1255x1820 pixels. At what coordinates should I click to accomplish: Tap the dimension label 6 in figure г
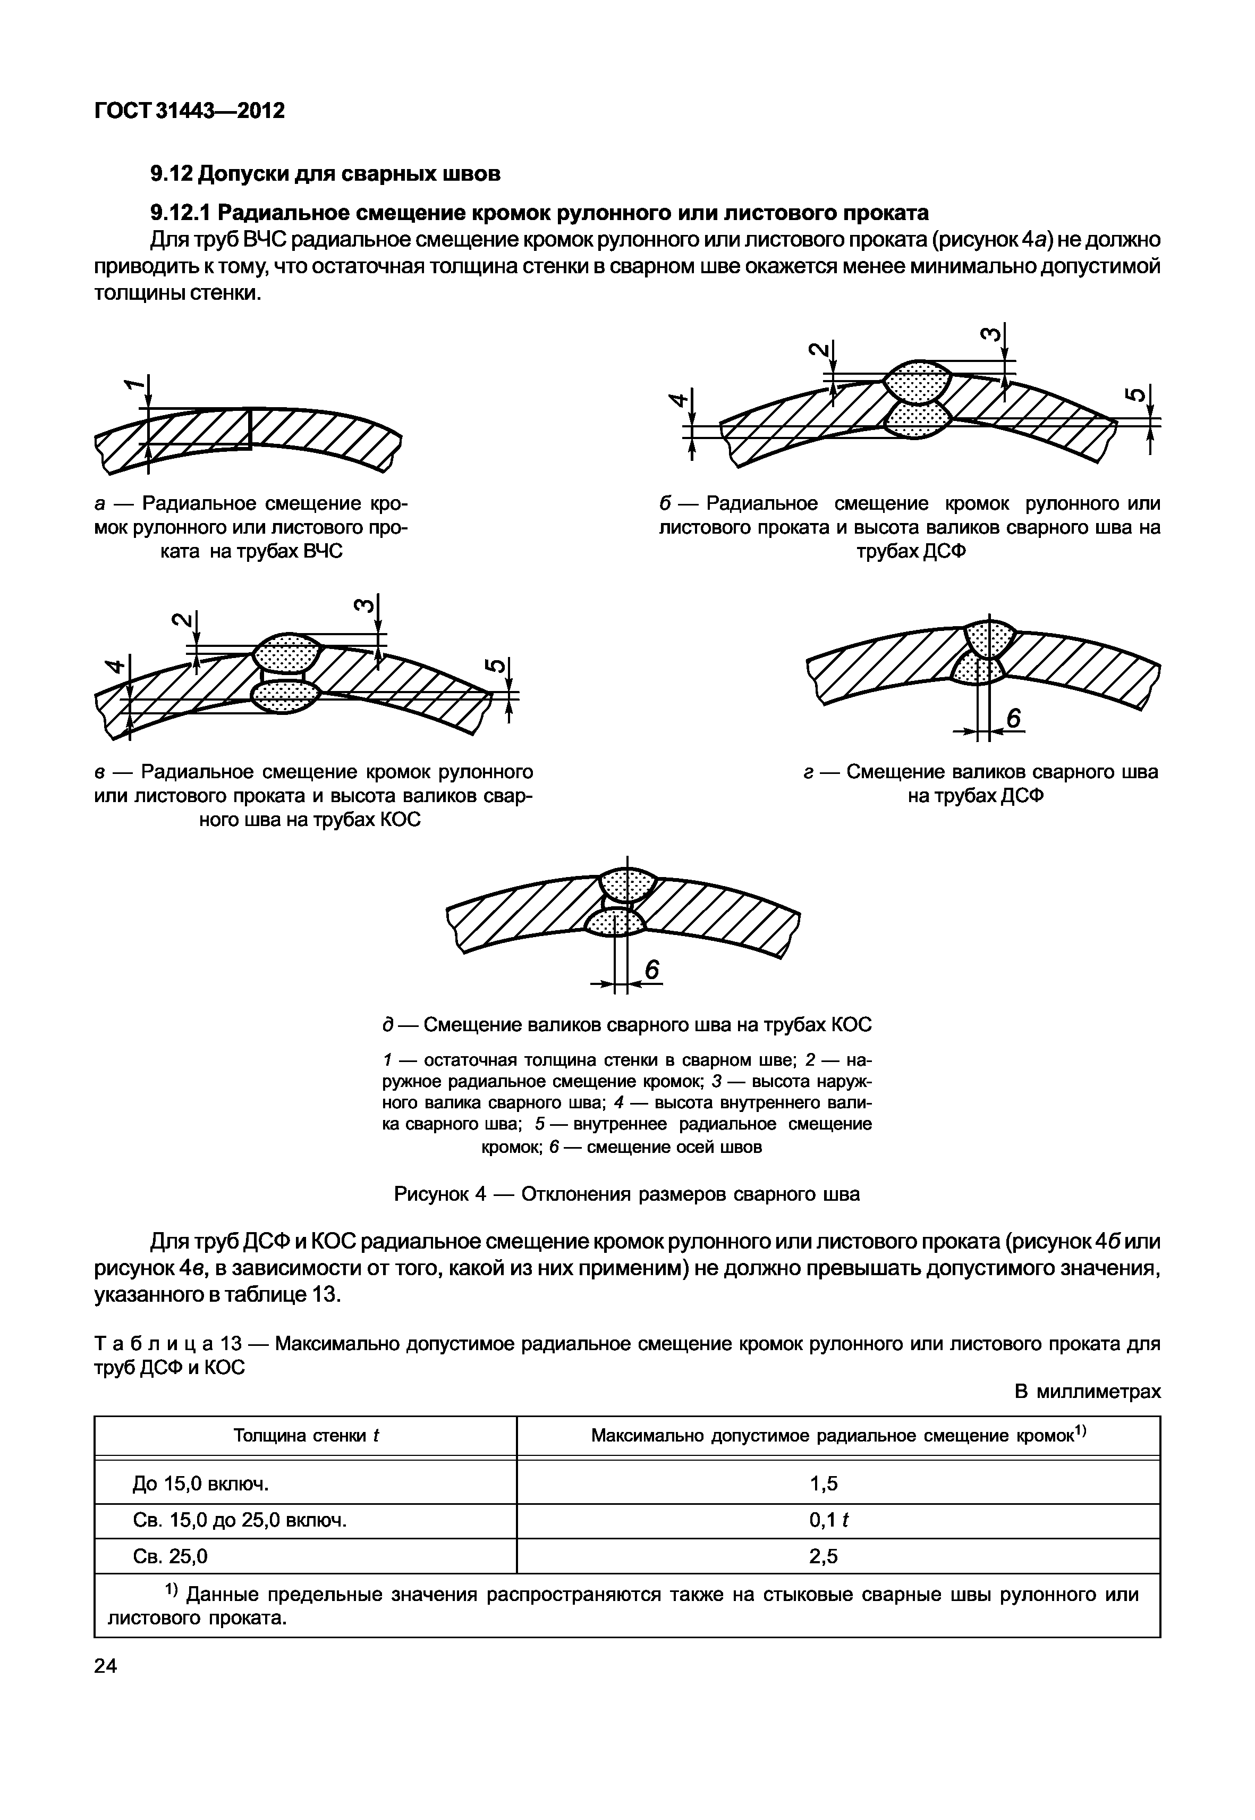1014,719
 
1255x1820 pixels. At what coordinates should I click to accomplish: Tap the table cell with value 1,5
824,1484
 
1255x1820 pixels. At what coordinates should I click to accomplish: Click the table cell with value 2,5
824,1556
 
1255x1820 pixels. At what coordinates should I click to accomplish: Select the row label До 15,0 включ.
200,1484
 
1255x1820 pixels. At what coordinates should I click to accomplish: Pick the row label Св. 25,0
171,1556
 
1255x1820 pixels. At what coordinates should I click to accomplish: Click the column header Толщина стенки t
306,1436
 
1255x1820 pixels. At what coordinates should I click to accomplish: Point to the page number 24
105,1666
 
